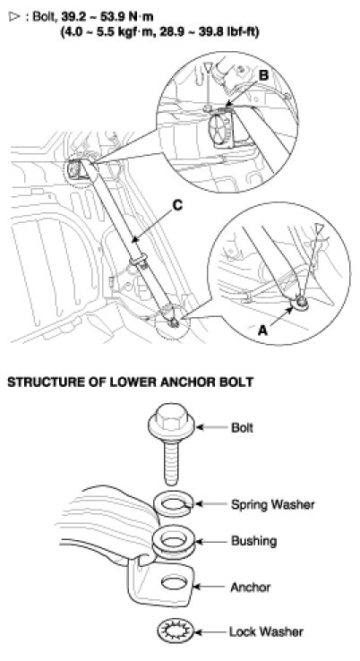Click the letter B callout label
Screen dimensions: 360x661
[x=263, y=76]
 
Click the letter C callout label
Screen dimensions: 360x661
[x=177, y=205]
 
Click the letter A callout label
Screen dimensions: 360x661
[x=262, y=330]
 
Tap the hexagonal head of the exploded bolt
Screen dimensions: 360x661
[x=171, y=418]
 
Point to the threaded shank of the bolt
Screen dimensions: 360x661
[x=171, y=459]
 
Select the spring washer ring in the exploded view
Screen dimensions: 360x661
[x=172, y=504]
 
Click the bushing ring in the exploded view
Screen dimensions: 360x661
[x=171, y=542]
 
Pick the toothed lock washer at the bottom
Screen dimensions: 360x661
[x=175, y=631]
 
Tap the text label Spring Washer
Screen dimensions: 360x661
[x=272, y=504]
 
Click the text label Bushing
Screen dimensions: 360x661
[x=253, y=541]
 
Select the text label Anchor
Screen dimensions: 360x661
[x=251, y=587]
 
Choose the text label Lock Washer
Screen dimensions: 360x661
[x=266, y=631]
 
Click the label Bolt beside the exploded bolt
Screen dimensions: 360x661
[x=242, y=427]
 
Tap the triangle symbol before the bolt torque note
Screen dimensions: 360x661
[x=14, y=17]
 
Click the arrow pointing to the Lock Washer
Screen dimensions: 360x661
[x=210, y=631]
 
